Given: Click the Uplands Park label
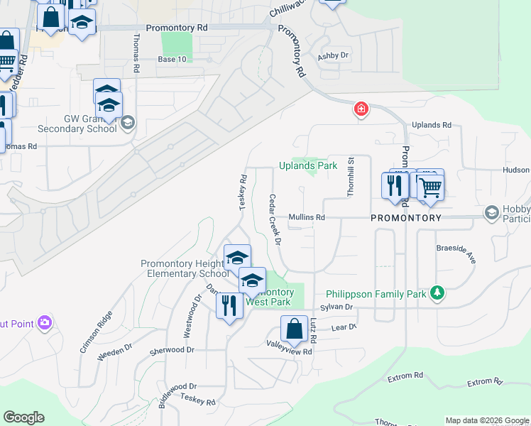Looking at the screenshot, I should pos(307,165).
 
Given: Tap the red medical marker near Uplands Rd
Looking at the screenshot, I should pos(361,109).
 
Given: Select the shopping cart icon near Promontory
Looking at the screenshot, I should pos(429,187).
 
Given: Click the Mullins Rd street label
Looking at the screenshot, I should pos(306,217).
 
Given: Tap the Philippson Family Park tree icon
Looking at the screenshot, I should pos(438,293).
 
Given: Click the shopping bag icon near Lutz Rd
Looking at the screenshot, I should pos(294,330).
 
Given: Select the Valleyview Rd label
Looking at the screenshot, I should pos(289,351).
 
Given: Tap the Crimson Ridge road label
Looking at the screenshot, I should pos(96,332).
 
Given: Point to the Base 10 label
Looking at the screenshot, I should pos(172,59).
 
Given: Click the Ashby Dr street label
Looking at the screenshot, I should pos(334,55).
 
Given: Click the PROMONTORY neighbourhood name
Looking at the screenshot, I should pos(406,218).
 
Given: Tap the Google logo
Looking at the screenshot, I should pos(23,417).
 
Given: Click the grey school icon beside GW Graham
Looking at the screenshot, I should pos(127,123).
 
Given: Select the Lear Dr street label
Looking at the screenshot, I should pos(343,327).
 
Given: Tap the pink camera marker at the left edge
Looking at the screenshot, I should pos(44,324).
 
